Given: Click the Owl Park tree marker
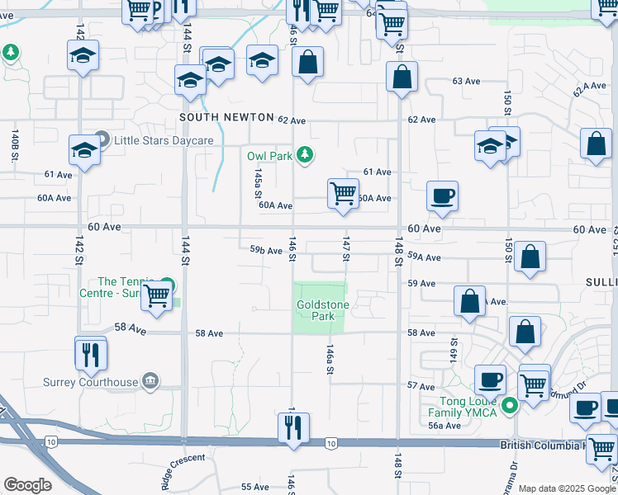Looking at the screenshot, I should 306,154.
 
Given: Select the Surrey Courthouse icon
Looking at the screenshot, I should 150,381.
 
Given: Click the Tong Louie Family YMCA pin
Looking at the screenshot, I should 511,405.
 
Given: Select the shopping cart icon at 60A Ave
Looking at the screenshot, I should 343,195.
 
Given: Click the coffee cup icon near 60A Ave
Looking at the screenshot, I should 442,197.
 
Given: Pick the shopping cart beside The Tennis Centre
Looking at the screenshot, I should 156,296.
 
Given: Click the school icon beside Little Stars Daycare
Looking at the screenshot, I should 83,150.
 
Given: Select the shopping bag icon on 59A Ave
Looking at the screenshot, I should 530,257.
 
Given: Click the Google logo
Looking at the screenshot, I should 27,484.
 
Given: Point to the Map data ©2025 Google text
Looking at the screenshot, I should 566,488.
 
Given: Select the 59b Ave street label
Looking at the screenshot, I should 266,250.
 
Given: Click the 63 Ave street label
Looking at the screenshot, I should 466,82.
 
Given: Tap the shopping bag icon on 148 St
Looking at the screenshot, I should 402,78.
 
